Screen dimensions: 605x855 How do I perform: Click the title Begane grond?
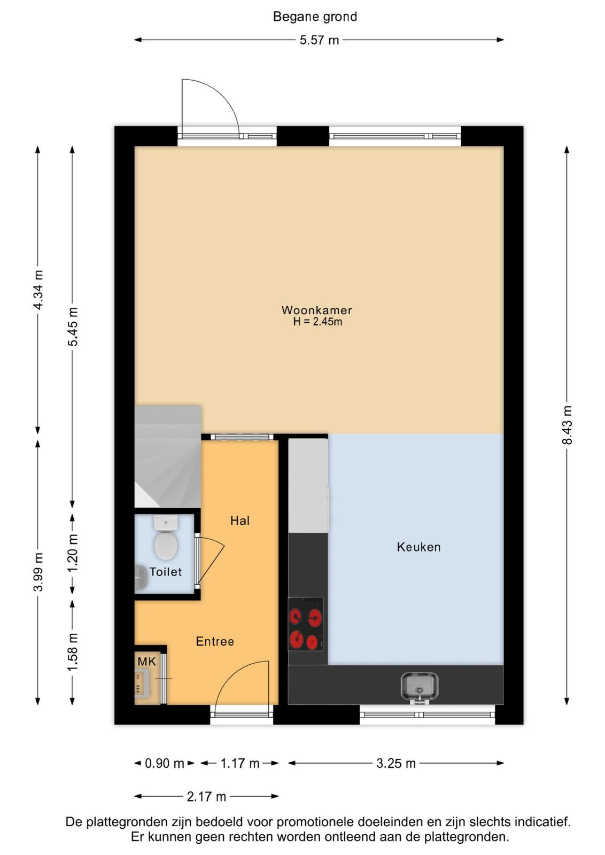315,17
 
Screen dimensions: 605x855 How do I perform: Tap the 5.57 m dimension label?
319,40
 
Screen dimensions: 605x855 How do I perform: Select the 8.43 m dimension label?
567,425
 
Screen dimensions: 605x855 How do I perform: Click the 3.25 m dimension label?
396,764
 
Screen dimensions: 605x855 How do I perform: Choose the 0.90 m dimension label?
165,764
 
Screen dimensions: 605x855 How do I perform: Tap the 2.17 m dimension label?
206,797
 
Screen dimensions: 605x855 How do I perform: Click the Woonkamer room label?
317,310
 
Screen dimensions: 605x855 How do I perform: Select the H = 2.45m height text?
317,322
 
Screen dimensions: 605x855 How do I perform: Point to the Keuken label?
418,547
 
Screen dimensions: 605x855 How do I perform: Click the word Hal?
240,520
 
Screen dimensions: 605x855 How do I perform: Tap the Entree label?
215,641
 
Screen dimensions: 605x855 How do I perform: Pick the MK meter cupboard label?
147,662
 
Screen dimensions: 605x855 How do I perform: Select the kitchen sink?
420,688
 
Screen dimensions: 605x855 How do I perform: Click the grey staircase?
168,456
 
